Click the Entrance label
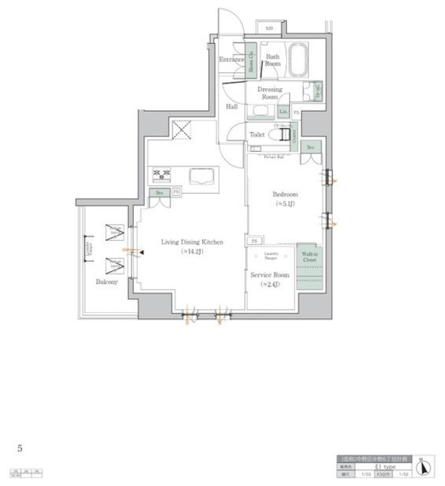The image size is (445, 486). pos(231,59)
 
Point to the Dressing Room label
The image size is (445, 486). pos(270,93)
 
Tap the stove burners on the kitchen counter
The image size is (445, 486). pos(162,175)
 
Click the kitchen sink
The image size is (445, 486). pos(200,176)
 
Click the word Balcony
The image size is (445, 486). pos(106,282)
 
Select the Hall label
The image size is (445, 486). pos(232,107)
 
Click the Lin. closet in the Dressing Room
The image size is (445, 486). pos(283,112)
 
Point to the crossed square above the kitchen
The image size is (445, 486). pos(181,130)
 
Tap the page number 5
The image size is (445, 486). pos(20,448)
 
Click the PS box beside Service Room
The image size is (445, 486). pos(253,241)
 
